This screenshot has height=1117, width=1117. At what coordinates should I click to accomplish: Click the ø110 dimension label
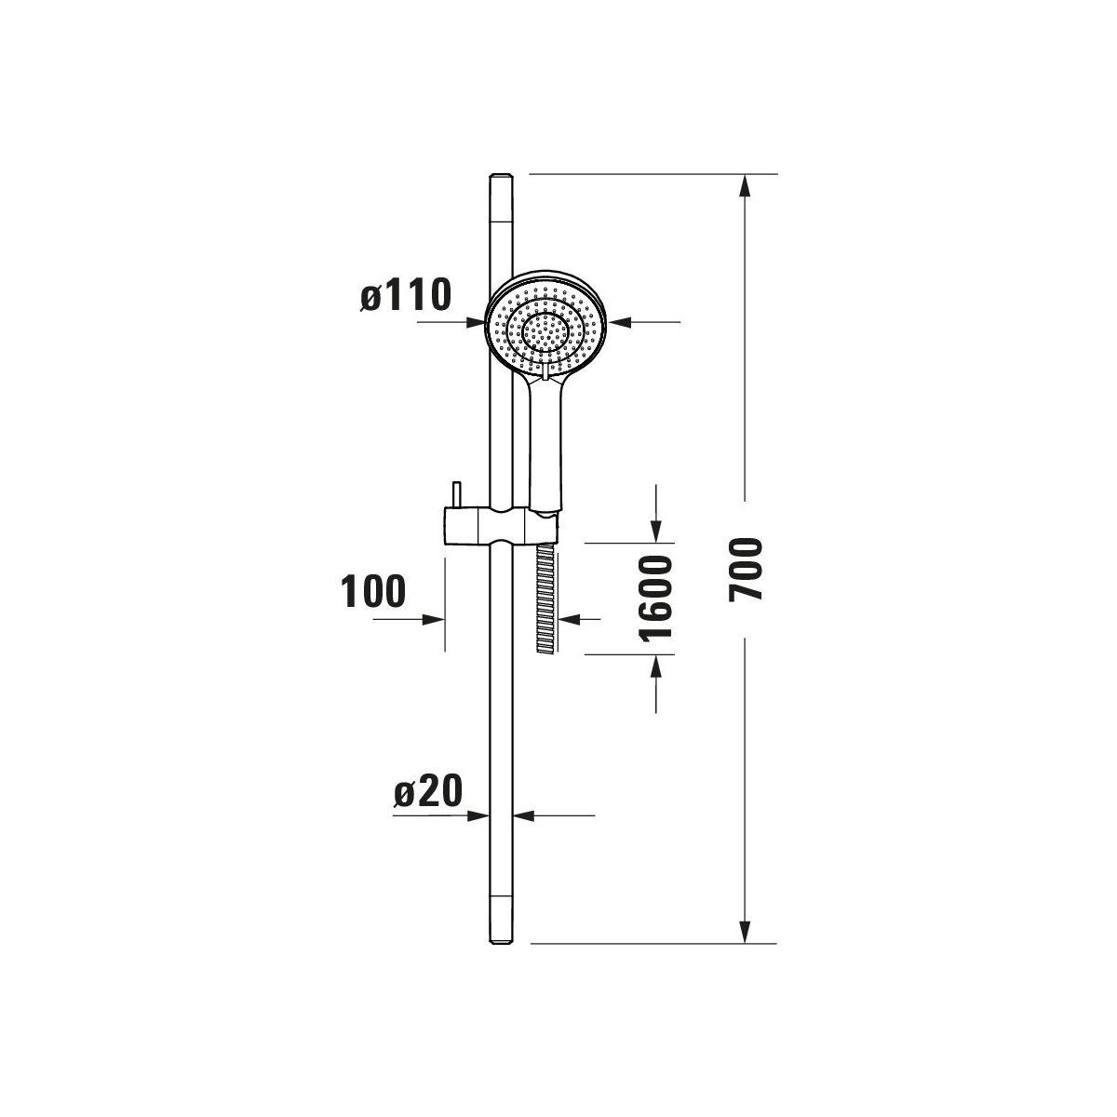tap(405, 294)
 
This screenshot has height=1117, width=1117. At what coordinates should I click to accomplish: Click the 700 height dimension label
tap(746, 569)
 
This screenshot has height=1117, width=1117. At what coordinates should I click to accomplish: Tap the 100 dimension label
tap(372, 591)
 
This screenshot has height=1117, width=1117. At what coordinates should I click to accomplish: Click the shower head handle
tap(545, 443)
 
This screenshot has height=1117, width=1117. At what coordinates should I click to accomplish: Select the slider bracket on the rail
tap(502, 526)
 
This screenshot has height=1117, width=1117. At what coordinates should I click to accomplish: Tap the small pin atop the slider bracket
tap(457, 494)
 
